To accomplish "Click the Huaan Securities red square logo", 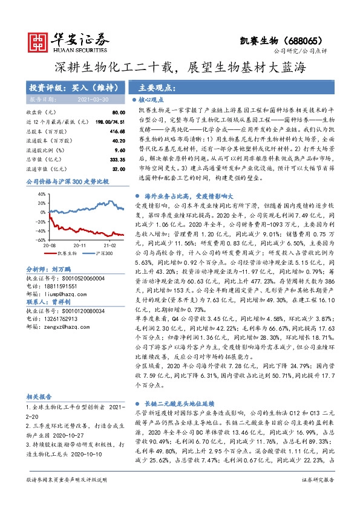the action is pos(39,41).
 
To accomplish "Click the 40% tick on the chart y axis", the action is pos(42,194).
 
